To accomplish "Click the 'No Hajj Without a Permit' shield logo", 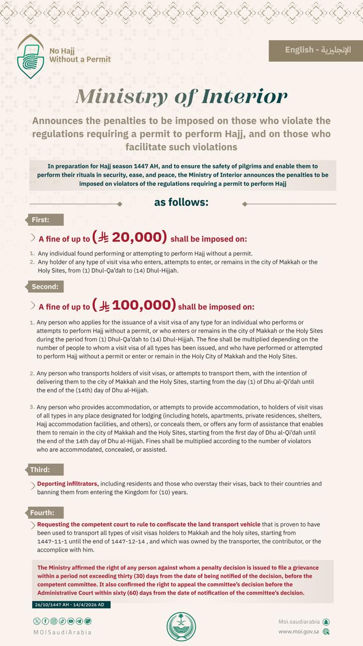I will click(31, 57).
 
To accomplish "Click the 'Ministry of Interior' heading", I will click(181, 96).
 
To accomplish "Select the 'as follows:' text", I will click(181, 203).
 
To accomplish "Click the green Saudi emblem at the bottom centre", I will click(181, 626).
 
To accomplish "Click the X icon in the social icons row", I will click(36, 621).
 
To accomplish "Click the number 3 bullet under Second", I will click(32, 407).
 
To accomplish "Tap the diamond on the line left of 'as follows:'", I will click(119, 204).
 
